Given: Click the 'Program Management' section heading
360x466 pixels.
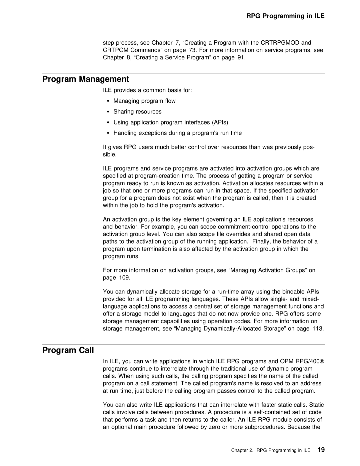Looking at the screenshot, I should click(86, 79).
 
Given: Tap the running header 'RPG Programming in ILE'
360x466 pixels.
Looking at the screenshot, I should click(285, 16).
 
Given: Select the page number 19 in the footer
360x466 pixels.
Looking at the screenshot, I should click(321, 450).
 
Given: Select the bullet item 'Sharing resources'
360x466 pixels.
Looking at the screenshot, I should click(137, 111).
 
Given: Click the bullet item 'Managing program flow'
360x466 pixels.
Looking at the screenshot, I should click(144, 101).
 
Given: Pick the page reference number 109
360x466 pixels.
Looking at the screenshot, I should click(125, 278).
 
